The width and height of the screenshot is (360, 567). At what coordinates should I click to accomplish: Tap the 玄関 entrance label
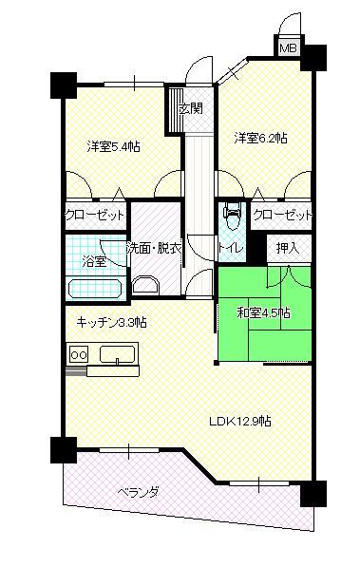190,108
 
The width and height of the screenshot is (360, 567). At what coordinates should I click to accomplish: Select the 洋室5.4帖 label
113,146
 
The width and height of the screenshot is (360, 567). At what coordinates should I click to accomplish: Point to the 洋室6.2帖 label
261,138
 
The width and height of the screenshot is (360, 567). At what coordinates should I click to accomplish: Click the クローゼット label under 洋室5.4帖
95,216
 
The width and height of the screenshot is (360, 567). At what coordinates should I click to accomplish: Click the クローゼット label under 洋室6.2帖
282,216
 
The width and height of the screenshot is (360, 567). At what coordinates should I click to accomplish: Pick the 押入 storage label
287,248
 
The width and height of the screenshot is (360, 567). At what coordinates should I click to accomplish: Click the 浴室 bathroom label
93,259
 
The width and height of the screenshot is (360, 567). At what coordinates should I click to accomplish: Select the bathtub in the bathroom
94,288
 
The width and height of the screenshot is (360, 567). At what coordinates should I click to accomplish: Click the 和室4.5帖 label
257,312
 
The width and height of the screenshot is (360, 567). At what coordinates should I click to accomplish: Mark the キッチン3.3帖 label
111,321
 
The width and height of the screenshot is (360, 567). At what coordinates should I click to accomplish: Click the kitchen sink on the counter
118,355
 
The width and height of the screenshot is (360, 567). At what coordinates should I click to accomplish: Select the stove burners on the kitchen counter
75,355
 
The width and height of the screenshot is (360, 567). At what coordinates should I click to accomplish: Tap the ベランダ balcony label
138,492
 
